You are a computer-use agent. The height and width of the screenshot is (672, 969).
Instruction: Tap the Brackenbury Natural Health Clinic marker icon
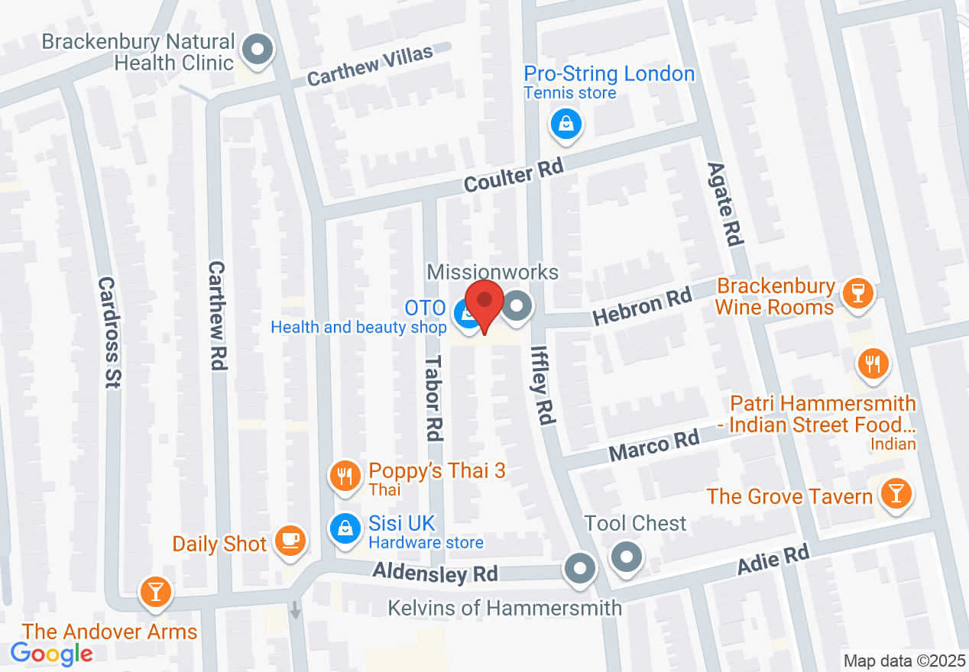[258, 50]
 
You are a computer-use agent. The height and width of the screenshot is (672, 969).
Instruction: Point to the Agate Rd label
[724, 203]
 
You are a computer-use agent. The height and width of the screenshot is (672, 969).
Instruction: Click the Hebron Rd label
[643, 305]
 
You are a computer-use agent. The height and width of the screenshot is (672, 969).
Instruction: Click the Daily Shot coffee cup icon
[290, 540]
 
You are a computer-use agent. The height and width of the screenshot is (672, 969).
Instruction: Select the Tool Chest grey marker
[627, 557]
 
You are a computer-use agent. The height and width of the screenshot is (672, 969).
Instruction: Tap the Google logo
[52, 654]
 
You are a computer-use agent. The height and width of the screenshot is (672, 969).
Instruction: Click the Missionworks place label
[493, 272]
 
